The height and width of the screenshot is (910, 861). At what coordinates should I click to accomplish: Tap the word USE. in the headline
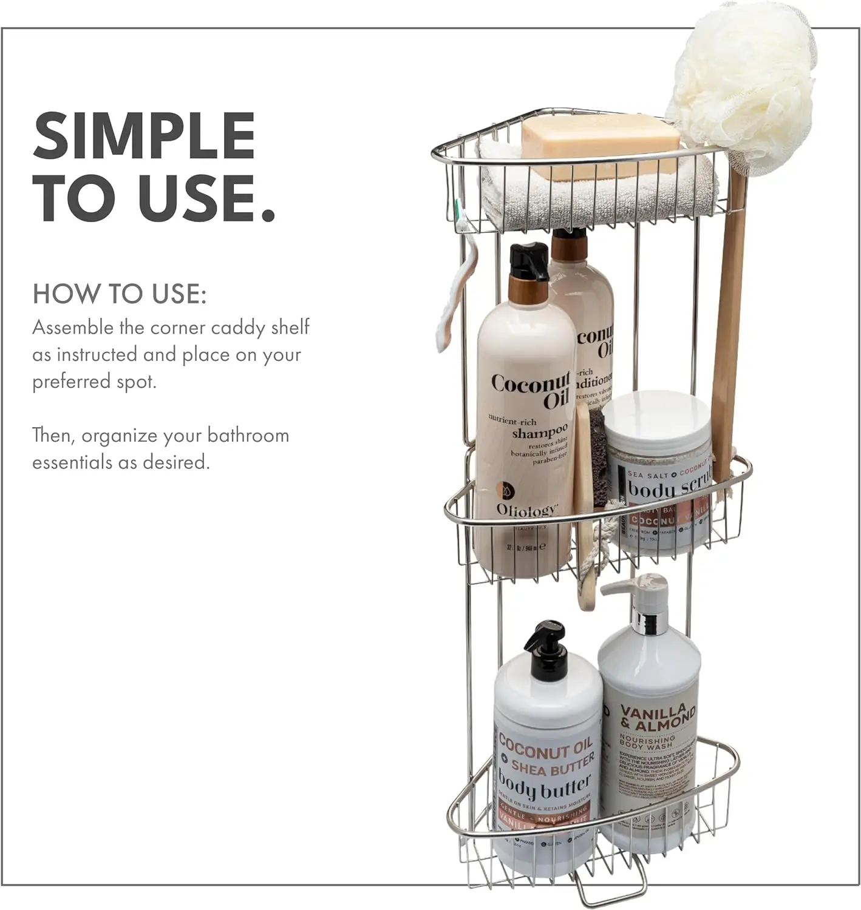[206, 198]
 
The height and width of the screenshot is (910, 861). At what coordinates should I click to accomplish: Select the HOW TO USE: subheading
[120, 294]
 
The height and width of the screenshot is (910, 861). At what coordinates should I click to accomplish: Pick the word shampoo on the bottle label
[539, 433]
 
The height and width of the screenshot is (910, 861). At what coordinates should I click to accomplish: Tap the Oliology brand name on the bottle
[526, 510]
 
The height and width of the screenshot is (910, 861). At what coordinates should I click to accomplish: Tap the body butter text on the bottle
[544, 787]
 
